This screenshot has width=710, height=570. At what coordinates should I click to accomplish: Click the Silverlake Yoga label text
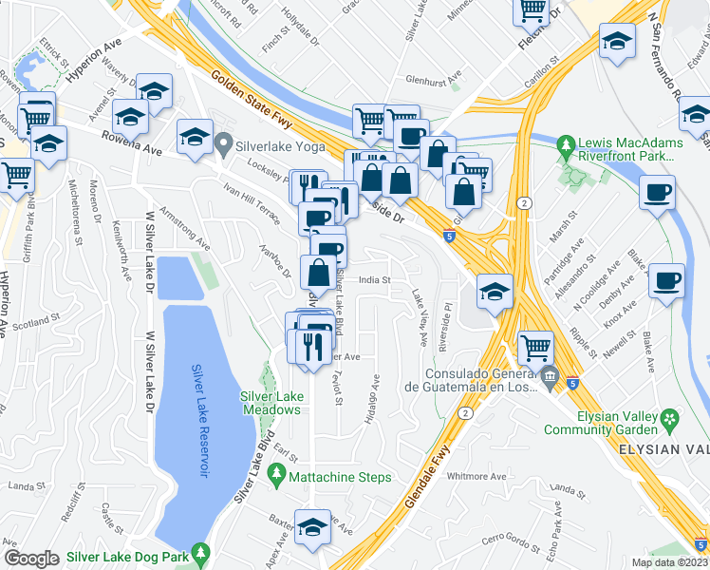coord(282,146)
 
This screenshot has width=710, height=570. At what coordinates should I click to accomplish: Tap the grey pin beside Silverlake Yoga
coord(225,145)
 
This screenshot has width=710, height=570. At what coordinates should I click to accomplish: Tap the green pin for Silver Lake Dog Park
coord(199,552)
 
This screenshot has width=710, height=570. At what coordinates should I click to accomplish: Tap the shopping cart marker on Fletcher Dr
coord(532,10)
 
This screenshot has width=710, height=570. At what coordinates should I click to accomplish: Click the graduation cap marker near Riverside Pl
coord(495,292)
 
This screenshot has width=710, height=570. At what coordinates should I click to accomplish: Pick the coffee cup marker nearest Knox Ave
coord(666,281)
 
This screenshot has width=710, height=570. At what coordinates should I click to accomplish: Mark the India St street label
coord(374,279)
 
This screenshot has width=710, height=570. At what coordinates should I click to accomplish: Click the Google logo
coord(31,559)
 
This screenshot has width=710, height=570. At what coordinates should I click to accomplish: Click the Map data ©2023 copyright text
coord(669,562)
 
